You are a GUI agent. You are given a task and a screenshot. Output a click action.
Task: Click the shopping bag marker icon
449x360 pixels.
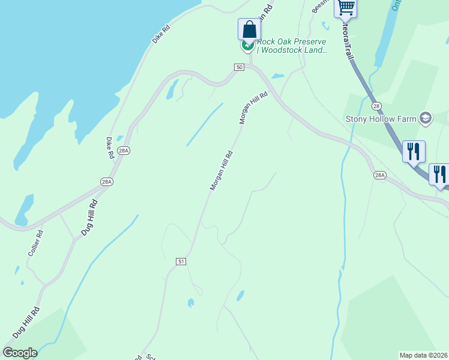[249, 29]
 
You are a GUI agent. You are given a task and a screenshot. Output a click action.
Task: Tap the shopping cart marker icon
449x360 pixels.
[346, 7]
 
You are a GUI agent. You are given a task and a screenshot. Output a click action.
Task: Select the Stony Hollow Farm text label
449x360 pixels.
[381, 119]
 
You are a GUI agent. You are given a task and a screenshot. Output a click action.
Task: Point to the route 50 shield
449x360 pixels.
[240, 67]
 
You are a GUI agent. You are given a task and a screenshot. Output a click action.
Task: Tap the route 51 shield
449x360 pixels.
[181, 262]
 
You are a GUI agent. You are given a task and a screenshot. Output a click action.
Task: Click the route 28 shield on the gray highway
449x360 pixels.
[376, 106]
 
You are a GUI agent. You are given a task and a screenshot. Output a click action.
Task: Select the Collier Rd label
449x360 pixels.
[35, 244]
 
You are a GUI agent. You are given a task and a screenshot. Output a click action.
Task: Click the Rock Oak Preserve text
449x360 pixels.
[292, 42]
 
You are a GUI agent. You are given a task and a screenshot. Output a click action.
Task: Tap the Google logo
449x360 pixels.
[20, 353]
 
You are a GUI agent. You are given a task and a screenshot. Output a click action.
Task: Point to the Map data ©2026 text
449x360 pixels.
[423, 355]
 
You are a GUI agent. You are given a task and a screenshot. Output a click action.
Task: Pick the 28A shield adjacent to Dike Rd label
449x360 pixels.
[122, 151]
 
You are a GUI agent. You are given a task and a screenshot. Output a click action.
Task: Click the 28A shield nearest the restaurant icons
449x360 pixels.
[379, 175]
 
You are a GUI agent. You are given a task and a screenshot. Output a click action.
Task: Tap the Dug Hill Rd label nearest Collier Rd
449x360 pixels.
[89, 217]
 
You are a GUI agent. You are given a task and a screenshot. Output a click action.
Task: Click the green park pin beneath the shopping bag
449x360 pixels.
[247, 45]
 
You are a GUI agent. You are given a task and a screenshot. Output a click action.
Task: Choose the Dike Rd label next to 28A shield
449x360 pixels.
[110, 148]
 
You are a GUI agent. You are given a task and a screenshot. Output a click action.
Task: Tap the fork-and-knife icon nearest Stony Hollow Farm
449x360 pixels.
[414, 151]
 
